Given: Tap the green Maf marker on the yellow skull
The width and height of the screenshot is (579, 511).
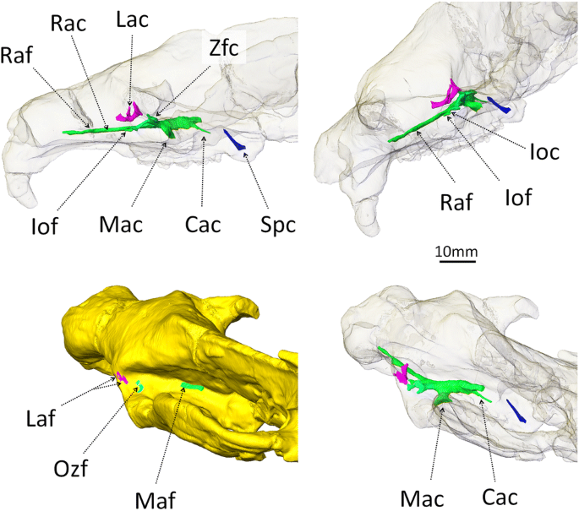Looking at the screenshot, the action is [x=193, y=387].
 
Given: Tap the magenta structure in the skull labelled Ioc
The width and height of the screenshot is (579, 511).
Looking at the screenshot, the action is [x=445, y=95].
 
